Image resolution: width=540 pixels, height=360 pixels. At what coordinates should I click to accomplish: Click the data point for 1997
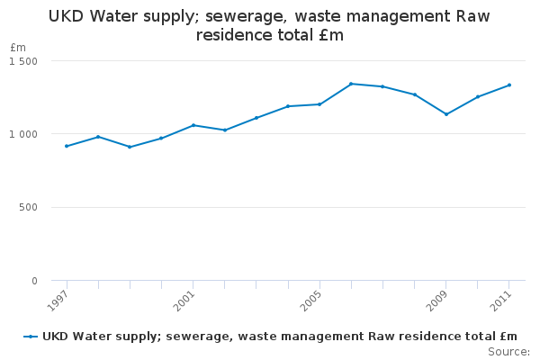[x=67, y=146]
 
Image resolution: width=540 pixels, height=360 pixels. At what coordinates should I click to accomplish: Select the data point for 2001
[x=193, y=125]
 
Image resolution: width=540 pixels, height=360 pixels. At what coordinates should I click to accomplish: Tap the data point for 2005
[x=319, y=104]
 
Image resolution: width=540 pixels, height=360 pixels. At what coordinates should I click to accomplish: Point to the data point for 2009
[x=446, y=114]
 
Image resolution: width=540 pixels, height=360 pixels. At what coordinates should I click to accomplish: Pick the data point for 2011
[x=509, y=85]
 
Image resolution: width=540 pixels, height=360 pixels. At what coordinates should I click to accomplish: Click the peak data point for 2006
[x=351, y=84]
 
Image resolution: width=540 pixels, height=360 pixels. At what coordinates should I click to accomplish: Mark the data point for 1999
[x=130, y=147]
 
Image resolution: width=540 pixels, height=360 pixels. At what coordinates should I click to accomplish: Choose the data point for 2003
[x=256, y=118]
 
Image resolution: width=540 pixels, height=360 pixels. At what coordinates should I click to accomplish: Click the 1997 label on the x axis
[x=58, y=299]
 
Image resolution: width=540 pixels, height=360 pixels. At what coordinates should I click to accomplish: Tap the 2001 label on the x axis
[x=184, y=299]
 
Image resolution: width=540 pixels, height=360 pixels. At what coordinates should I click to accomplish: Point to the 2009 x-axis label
[x=437, y=299]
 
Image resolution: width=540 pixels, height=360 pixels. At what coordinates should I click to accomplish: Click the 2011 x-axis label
[x=500, y=299]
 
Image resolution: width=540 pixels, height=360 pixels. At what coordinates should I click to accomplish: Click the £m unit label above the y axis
[x=18, y=47]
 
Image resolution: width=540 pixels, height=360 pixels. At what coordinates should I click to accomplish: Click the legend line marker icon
[x=31, y=337]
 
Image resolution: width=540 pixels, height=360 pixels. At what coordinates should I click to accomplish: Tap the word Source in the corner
[x=507, y=351]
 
